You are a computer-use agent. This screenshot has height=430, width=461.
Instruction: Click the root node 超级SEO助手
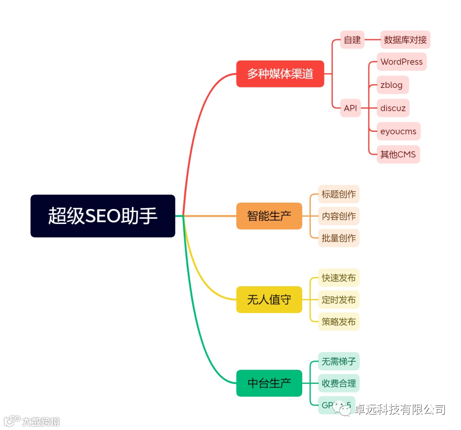coord(102,216)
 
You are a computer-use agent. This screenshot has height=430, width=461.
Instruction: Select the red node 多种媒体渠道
coord(280,74)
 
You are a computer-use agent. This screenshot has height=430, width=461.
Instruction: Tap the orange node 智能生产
coord(269,216)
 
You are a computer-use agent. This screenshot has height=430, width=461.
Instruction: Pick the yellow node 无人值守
coord(269,299)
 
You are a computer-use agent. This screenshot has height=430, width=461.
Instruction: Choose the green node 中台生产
coord(269,383)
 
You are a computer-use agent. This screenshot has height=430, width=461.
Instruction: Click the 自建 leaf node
coord(352,40)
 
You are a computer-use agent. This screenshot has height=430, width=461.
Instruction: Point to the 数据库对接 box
coord(405,40)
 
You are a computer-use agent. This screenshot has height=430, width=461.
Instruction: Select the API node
coord(350,108)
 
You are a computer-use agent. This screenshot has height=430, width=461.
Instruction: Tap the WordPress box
coord(401,62)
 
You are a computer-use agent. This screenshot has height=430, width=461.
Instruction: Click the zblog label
coord(391,85)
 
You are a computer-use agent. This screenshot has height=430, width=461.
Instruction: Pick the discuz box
coord(393,108)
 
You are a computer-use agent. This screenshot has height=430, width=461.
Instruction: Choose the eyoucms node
coord(398,131)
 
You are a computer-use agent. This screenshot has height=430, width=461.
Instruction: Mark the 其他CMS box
coord(398,154)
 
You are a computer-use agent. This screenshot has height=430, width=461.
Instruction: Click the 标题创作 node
coord(338,195)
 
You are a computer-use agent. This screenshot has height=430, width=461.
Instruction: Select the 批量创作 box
coord(338,238)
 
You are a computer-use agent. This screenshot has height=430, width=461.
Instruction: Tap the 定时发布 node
coord(338,300)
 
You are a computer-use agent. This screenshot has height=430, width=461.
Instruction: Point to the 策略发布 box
coord(338,322)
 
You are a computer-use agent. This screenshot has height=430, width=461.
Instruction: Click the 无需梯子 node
coord(338,362)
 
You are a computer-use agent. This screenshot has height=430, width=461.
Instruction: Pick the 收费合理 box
coord(338,384)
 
